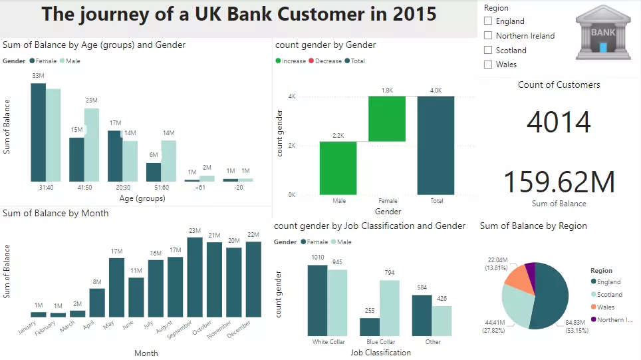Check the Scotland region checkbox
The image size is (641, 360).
489,50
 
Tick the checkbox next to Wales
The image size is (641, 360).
489,65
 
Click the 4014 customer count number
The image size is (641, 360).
559,122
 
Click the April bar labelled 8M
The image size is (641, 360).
97,302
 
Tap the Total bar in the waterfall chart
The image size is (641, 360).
436,145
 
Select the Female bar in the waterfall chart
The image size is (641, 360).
387,119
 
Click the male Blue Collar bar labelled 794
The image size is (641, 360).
389,308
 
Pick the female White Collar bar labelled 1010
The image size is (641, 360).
317,300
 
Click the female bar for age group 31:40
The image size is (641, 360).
38,132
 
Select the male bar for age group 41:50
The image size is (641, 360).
92,144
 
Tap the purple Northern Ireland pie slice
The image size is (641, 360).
530,268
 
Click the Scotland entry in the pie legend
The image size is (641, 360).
609,294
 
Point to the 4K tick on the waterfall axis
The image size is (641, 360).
291,96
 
